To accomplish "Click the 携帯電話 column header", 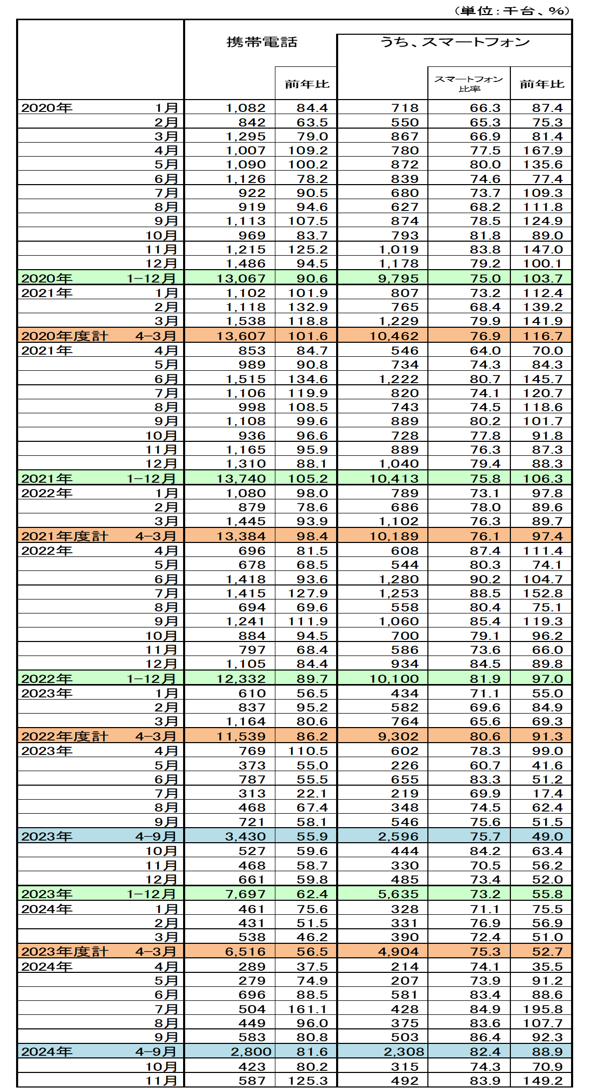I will click(262, 42).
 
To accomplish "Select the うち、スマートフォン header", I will click(455, 42).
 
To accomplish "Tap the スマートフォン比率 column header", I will click(468, 83).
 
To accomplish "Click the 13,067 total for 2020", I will click(241, 278).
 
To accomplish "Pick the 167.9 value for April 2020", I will click(543, 150).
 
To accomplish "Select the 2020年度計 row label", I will click(65, 336).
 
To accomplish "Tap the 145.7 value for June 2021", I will click(543, 379).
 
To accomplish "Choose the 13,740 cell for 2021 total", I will click(241, 479).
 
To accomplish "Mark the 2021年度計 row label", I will click(65, 536).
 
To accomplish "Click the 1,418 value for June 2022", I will click(246, 579).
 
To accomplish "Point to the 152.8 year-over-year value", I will click(543, 593).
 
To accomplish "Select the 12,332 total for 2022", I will click(241, 679).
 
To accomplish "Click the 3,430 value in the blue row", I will click(246, 836).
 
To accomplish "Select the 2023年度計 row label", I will click(65, 952).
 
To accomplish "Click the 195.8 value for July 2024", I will click(543, 1009).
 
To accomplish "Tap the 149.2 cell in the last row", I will click(543, 1081).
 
